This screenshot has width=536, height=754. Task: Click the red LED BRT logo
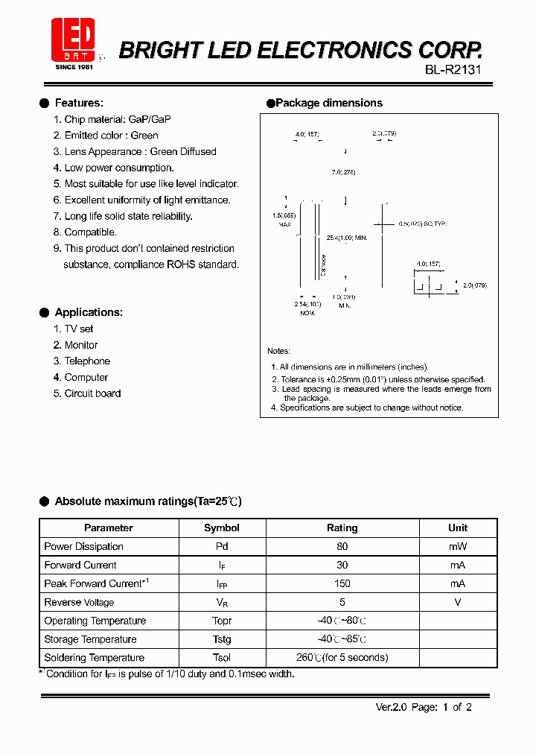pyautogui.click(x=72, y=39)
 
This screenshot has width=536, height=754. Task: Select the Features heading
pyautogui.click(x=79, y=103)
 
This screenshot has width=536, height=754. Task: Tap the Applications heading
pyautogui.click(x=89, y=312)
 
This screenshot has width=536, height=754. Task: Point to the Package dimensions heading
pyautogui.click(x=328, y=103)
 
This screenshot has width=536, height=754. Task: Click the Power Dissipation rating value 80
pyautogui.click(x=342, y=546)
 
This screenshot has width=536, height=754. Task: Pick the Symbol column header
pyautogui.click(x=222, y=528)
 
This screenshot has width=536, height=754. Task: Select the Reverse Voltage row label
pyautogui.click(x=79, y=602)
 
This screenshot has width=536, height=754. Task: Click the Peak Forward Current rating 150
pyautogui.click(x=342, y=583)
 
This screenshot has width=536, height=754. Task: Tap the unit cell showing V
pyautogui.click(x=458, y=602)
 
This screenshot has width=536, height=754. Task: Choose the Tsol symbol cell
pyautogui.click(x=222, y=657)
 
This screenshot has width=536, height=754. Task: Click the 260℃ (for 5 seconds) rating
pyautogui.click(x=342, y=657)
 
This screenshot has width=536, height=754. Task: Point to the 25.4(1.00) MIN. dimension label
pyautogui.click(x=347, y=238)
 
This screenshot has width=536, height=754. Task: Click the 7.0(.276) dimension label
pyautogui.click(x=343, y=172)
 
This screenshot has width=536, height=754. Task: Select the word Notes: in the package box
pyautogui.click(x=278, y=351)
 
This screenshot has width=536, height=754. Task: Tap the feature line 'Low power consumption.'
pyautogui.click(x=119, y=168)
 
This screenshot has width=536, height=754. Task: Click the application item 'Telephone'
pyautogui.click(x=87, y=361)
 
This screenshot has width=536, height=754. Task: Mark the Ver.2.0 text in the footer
pyautogui.click(x=391, y=707)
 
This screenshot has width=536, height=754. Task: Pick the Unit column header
pyautogui.click(x=458, y=528)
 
